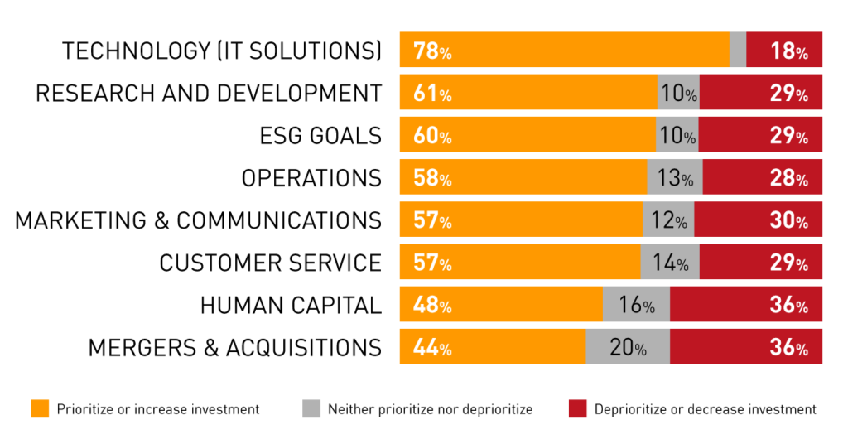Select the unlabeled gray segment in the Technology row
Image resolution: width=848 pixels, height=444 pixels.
point(738,50)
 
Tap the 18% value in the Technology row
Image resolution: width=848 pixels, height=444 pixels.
point(788,51)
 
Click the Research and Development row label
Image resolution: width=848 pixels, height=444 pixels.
point(209,93)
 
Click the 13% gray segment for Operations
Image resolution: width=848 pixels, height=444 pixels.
point(675,178)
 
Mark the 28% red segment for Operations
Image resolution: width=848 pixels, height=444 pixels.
point(788,178)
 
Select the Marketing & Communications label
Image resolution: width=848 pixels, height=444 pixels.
point(199,220)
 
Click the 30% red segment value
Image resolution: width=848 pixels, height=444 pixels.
point(788,221)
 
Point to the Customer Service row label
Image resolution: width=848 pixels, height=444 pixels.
point(271,263)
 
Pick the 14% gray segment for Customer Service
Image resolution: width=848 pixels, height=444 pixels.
point(670,263)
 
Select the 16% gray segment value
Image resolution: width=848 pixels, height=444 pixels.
point(636,306)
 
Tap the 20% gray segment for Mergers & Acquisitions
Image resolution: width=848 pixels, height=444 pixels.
point(628,348)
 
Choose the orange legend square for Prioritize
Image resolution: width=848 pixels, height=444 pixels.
point(40,408)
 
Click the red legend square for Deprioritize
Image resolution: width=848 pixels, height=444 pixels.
point(578,408)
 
